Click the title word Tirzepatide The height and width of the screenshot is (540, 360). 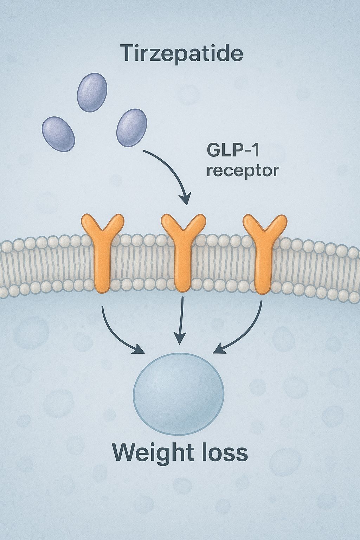(181, 53)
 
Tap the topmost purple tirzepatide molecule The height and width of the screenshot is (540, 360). (92, 92)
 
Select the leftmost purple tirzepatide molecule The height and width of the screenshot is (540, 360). (58, 134)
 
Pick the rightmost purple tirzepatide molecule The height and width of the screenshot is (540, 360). (131, 128)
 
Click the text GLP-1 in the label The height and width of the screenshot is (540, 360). (233, 150)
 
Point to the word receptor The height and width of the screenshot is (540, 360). (243, 171)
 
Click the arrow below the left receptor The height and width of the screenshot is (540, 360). (116, 334)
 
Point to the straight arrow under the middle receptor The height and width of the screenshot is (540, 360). (181, 320)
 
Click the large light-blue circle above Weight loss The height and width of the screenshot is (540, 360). (179, 394)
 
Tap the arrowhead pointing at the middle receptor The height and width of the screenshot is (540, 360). (185, 199)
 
